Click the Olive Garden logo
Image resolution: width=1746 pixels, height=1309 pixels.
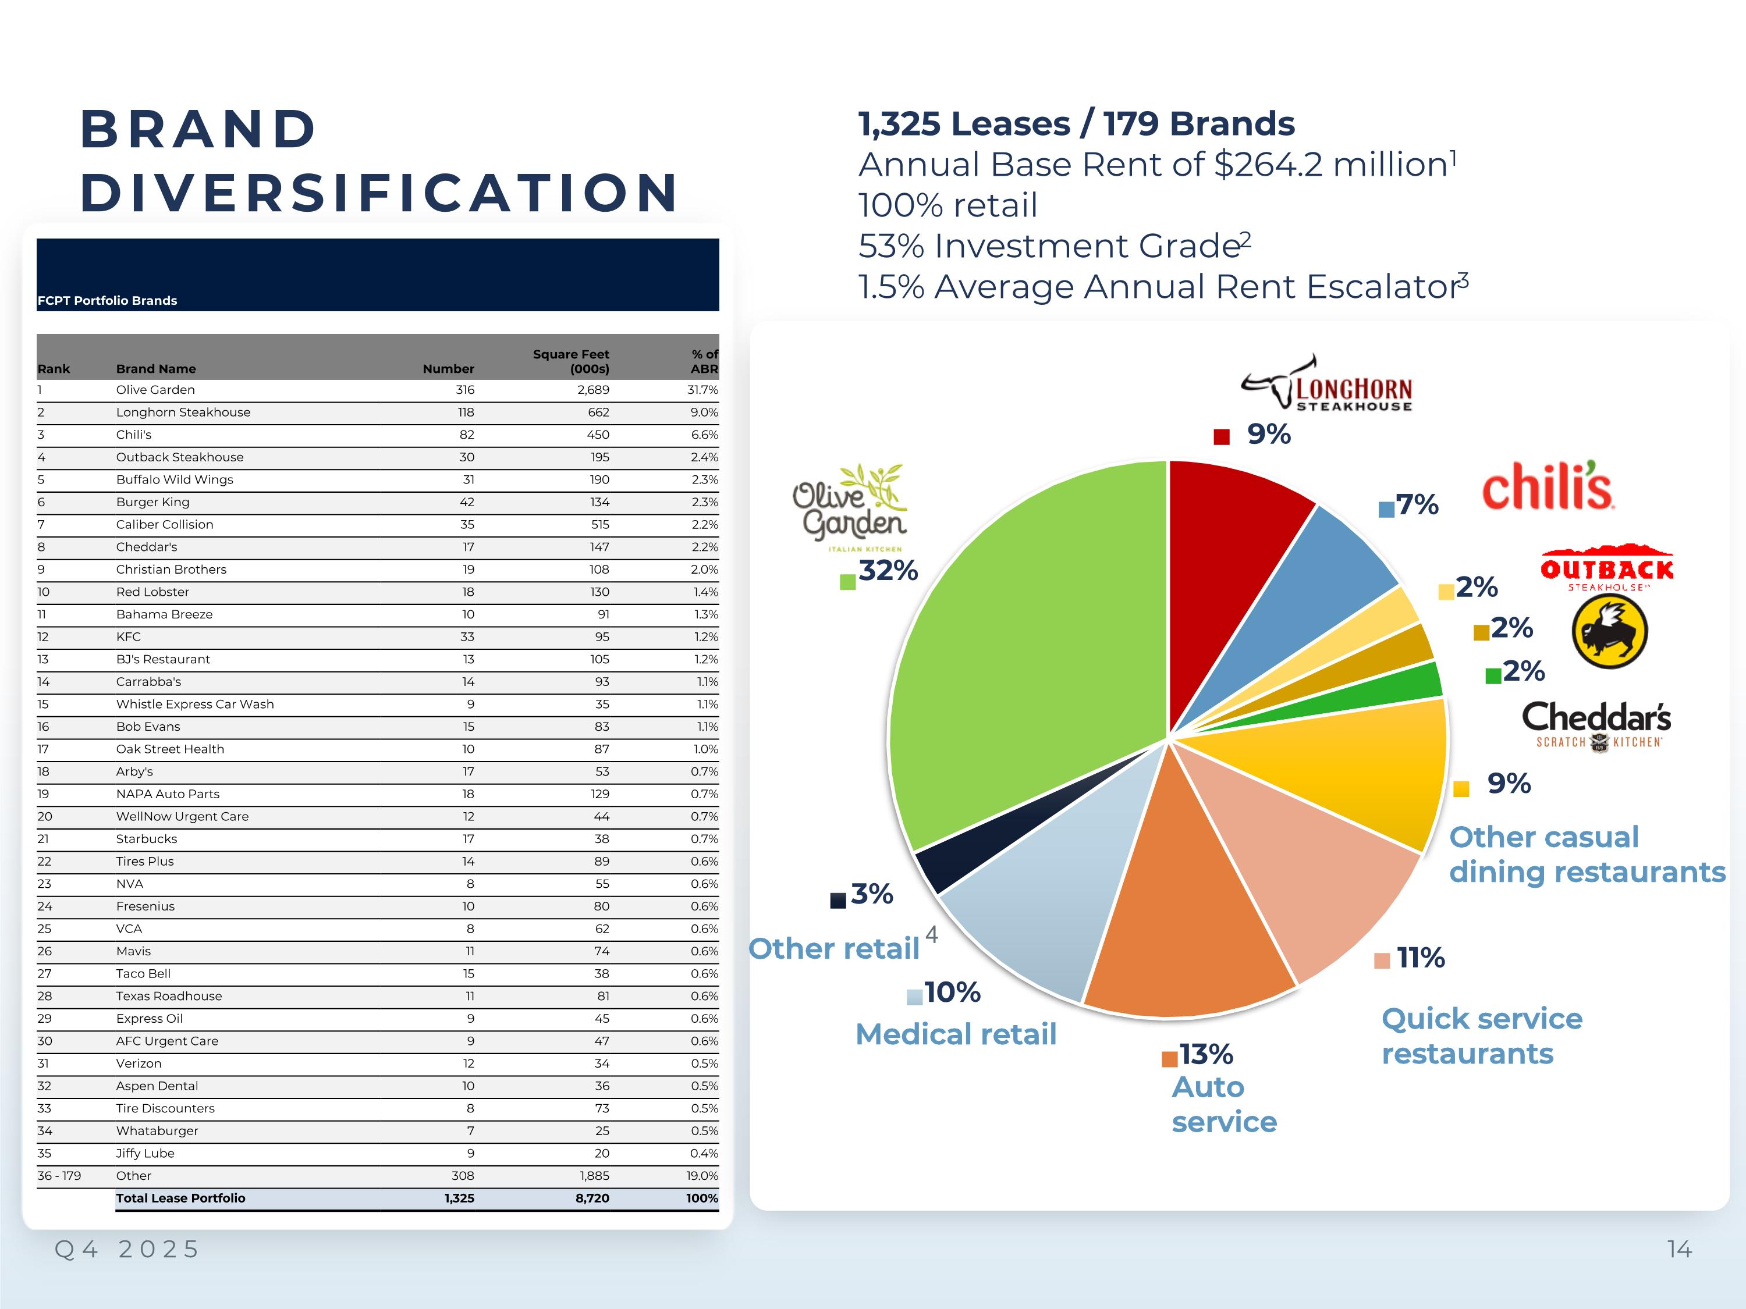pos(850,508)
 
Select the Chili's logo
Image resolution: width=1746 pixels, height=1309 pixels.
pos(1548,486)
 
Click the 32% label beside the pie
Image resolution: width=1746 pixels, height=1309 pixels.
pos(888,571)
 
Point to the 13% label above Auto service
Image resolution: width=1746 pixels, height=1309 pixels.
pos(1206,1054)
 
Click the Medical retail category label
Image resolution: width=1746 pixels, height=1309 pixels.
pos(956,1034)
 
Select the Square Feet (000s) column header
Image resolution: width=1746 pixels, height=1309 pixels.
pos(571,361)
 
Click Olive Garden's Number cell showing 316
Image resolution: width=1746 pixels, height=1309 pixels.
pos(465,390)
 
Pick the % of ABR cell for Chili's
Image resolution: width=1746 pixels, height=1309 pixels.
pos(704,435)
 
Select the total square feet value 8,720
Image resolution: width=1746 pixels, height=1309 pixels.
pos(592,1198)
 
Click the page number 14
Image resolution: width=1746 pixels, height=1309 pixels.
pos(1679,1249)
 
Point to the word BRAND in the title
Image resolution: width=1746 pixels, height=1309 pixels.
pos(199,129)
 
